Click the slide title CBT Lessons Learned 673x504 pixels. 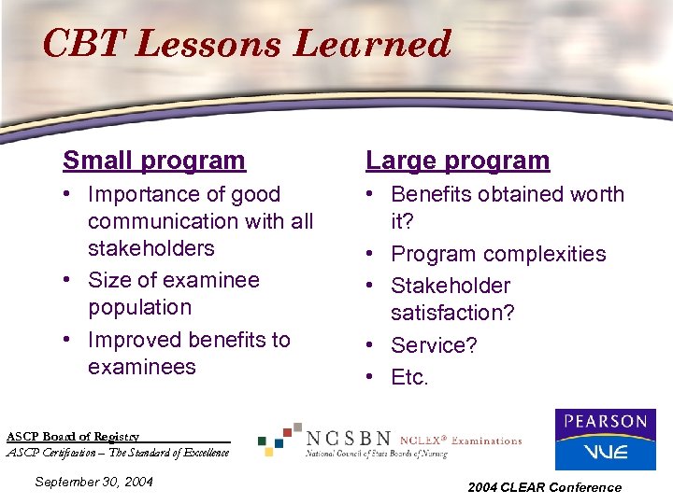click(x=247, y=43)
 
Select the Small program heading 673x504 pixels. click(x=153, y=161)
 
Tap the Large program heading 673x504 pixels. click(x=457, y=161)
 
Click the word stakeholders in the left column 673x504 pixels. click(x=150, y=248)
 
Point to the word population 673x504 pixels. click(x=139, y=307)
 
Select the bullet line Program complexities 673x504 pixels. click(x=497, y=254)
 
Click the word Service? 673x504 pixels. click(x=434, y=345)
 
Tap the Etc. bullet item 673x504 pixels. click(x=409, y=378)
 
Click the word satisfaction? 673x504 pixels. click(x=452, y=313)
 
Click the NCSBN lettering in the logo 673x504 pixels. click(x=349, y=438)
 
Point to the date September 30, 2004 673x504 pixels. click(x=93, y=482)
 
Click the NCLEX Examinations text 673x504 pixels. click(x=461, y=441)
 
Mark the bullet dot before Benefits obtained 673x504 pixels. click(x=373, y=195)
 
